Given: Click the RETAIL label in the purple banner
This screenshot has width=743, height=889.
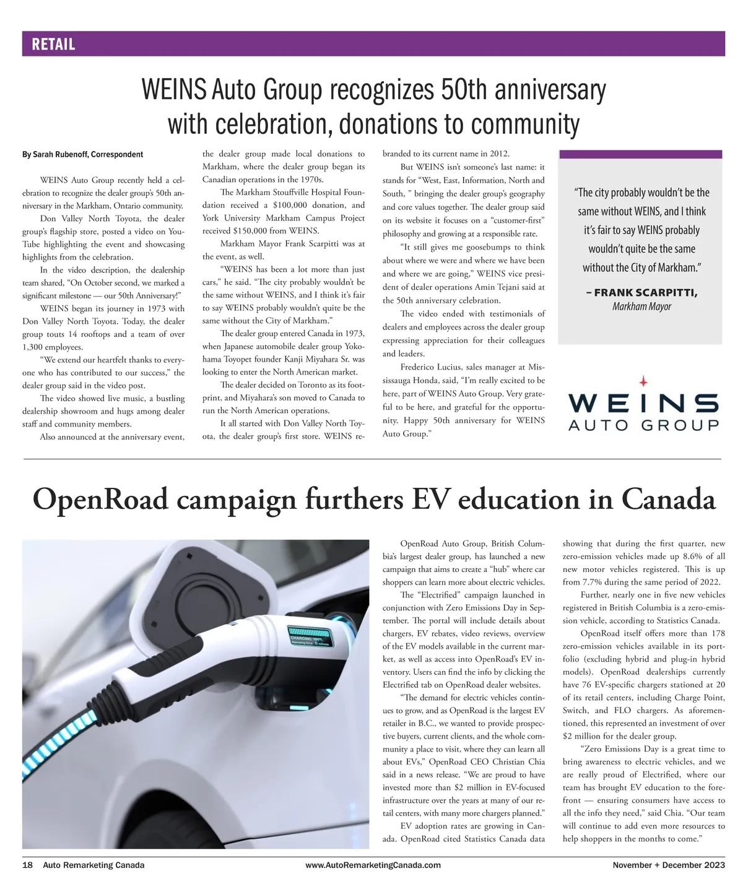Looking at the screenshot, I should (x=53, y=45).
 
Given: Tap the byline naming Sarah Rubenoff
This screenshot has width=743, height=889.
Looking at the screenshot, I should (x=82, y=154).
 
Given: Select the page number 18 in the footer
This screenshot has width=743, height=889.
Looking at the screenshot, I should (x=27, y=865).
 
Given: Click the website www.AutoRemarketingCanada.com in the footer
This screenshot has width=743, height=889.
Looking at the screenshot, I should (x=373, y=865).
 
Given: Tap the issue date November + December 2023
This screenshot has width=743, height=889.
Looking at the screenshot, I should (x=669, y=865).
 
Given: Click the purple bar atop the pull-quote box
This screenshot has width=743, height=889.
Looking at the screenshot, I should (x=640, y=154).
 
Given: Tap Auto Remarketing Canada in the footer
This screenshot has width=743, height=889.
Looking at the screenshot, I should (x=93, y=865).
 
